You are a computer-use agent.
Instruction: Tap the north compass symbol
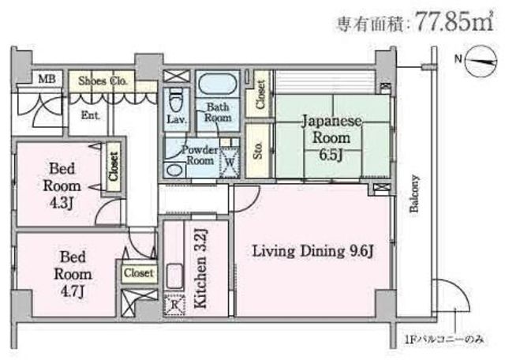click(x=481, y=62)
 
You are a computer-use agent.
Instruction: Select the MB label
click(x=47, y=79)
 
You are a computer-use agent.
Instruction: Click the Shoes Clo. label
click(x=103, y=81)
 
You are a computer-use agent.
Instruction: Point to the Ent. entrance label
click(x=91, y=114)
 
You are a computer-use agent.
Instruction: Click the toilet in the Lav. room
click(x=175, y=99)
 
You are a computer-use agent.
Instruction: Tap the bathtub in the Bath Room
click(x=218, y=84)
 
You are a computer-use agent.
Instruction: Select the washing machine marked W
click(x=230, y=162)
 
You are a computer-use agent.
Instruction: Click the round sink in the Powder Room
click(x=174, y=170)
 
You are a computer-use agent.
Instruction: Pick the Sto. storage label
click(x=258, y=151)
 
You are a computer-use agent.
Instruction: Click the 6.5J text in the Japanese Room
click(x=331, y=155)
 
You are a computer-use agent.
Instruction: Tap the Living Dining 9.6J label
click(x=312, y=251)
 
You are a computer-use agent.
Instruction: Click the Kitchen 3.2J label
click(x=200, y=268)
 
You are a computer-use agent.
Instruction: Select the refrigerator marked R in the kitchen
click(x=174, y=304)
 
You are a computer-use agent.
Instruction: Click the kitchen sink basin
click(x=174, y=276)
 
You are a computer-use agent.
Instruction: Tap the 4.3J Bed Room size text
click(x=62, y=203)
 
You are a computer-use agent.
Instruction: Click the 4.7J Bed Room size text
click(x=73, y=291)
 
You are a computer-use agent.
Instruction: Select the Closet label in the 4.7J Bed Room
click(x=139, y=273)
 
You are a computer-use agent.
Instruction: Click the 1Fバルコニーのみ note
click(x=445, y=339)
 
